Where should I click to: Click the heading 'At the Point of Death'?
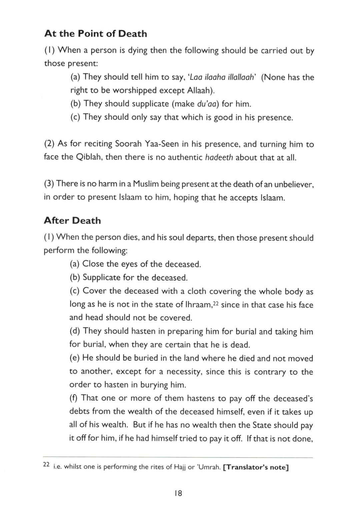click(x=96, y=34)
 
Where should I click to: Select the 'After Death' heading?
click(x=72, y=220)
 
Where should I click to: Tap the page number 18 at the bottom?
click(x=178, y=493)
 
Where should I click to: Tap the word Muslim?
click(x=146, y=184)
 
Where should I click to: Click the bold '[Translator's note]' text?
click(x=256, y=467)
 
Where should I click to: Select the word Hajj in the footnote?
click(x=180, y=467)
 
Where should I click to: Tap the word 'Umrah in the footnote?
click(x=208, y=467)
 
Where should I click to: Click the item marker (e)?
click(x=75, y=358)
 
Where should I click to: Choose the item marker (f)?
click(x=74, y=398)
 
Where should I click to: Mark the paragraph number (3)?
click(x=49, y=184)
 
